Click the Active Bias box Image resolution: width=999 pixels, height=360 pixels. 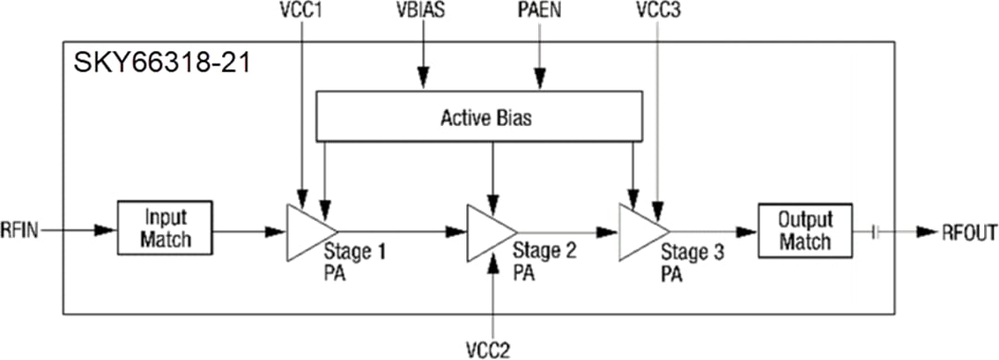(x=479, y=118)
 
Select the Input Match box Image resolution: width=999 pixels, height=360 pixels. (x=165, y=228)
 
